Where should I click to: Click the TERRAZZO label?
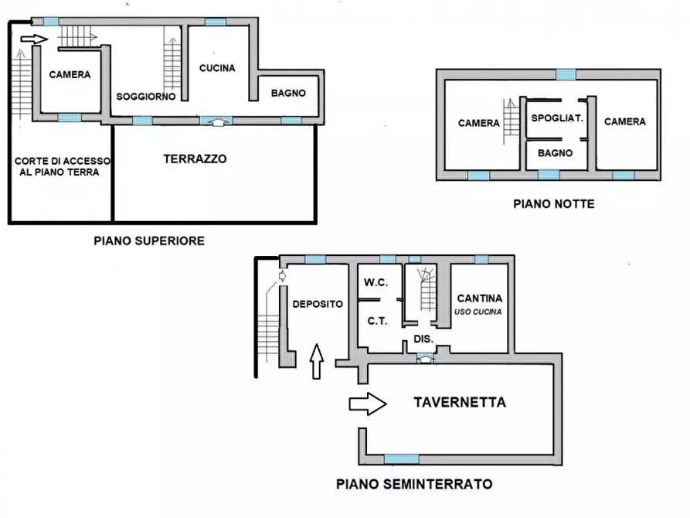[195, 158]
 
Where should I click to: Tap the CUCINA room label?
[217, 68]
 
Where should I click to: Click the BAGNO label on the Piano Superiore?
[288, 93]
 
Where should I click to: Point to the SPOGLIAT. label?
[556, 119]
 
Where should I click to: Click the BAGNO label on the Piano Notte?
[556, 153]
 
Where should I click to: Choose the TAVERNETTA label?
[460, 402]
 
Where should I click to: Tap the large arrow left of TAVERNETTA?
[368, 403]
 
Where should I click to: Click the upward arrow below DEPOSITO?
[316, 362]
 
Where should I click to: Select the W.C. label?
[376, 282]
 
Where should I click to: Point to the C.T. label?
[376, 320]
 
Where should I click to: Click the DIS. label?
[423, 339]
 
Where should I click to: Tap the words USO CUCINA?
[478, 312]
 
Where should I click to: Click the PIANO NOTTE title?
[554, 204]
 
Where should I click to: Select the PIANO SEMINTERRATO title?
[414, 485]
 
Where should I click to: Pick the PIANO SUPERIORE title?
[149, 240]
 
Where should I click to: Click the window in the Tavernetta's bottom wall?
[401, 458]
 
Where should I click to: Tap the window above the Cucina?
[216, 22]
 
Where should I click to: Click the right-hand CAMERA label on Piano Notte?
[624, 121]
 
